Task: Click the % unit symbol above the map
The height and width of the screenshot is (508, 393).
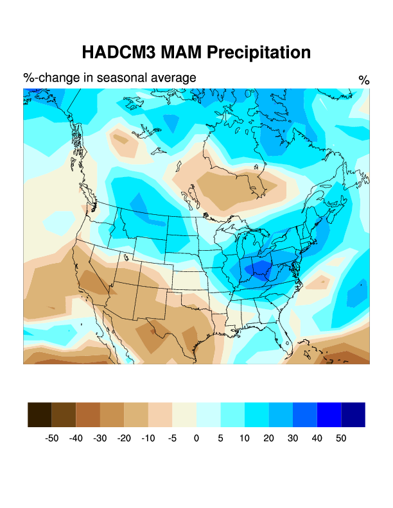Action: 364,80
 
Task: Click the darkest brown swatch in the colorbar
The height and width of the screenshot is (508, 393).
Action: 40,414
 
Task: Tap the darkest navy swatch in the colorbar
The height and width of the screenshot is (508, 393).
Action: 353,414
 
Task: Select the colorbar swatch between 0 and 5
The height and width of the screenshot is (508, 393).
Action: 209,414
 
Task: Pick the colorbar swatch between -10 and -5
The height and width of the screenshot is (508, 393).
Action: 161,414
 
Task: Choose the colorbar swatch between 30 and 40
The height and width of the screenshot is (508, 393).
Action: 305,414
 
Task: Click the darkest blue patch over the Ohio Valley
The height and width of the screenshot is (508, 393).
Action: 260,270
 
